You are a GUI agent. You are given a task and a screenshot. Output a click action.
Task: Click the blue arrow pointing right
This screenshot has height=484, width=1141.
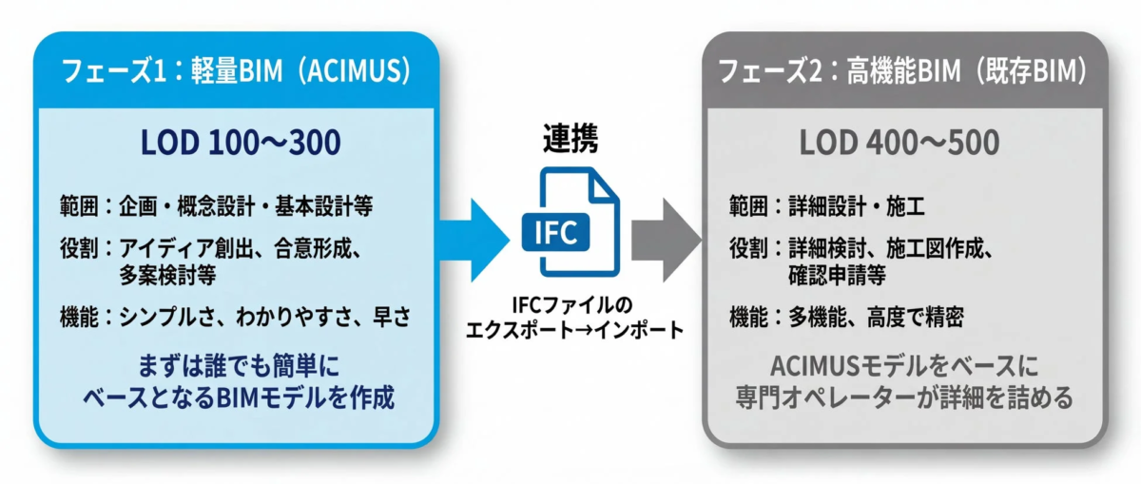click(x=474, y=236)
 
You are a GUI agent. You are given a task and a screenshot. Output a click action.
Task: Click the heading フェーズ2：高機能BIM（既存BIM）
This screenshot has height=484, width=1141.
click(x=904, y=71)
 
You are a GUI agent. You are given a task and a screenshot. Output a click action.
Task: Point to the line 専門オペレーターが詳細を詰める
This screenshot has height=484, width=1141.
click(x=903, y=397)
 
